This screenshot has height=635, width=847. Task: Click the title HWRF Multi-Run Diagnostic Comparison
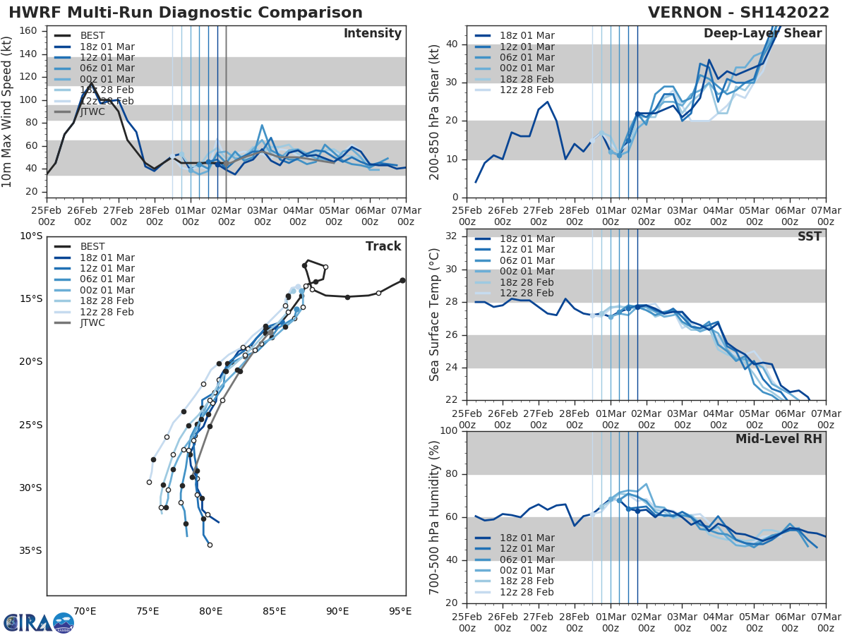point(186,13)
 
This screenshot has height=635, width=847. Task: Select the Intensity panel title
point(372,34)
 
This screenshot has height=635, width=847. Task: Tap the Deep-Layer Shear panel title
point(762,34)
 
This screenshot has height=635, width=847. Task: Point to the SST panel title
point(810,236)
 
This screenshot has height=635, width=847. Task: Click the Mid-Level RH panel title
point(779,439)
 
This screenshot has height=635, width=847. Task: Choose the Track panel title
point(383,246)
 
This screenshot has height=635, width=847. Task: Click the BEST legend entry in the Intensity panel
point(92,36)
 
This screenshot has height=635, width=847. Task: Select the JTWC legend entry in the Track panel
point(92,323)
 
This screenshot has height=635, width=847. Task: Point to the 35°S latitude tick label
point(31,550)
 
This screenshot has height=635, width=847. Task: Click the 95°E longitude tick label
point(400,611)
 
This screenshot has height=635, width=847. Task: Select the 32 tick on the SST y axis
point(452,236)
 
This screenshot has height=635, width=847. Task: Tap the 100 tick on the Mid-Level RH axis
point(448,431)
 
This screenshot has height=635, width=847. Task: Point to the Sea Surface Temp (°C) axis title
point(435,315)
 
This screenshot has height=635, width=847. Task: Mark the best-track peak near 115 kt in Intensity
point(91,83)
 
